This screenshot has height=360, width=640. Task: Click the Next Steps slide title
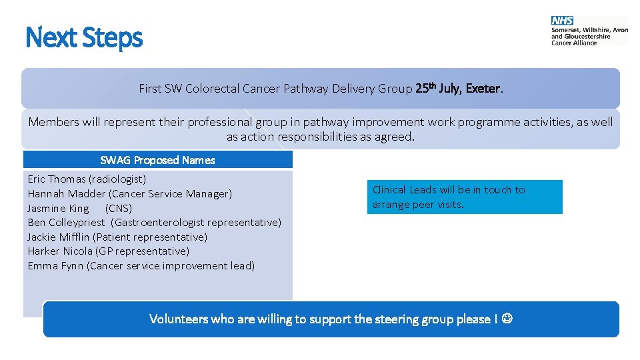tap(84, 37)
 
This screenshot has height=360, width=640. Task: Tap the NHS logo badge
tap(562, 21)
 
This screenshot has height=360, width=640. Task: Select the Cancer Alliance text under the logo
tap(574, 43)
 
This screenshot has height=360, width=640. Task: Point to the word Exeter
tap(483, 88)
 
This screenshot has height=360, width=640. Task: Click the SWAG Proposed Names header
tap(157, 160)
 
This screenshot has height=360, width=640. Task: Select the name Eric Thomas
tap(57, 179)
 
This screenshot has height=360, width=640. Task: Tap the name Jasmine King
tap(58, 208)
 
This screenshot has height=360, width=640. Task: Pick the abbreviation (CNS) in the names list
tap(119, 208)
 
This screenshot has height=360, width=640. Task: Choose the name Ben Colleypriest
tap(66, 223)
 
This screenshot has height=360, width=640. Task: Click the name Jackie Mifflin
tap(59, 237)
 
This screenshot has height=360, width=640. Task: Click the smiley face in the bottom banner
tap(507, 319)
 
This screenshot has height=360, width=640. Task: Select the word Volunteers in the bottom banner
tap(178, 319)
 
